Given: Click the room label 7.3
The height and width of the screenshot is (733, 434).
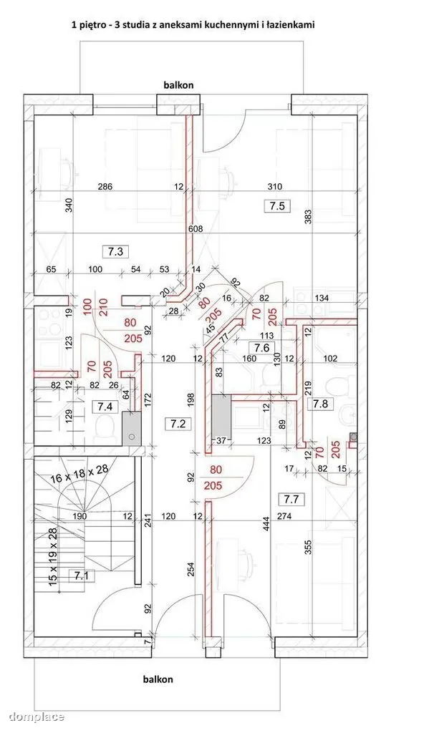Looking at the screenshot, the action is coord(115,251).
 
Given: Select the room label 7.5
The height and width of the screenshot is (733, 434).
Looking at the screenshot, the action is coord(277,205).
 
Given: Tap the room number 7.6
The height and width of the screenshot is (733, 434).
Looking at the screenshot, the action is coord(262,347).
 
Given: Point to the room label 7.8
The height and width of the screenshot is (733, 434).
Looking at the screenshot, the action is coord(320,404).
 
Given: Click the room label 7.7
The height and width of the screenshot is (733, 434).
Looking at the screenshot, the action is coord(291,499).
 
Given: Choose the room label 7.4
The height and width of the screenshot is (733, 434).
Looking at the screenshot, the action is coord(105,407).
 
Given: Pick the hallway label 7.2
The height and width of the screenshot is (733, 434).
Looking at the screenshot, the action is coord(178,424).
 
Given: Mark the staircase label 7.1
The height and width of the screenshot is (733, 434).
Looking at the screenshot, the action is coord(82,576).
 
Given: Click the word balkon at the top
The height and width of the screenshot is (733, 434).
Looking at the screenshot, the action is coord(178,85).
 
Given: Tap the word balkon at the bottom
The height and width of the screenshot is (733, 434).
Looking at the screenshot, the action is coord(158,679).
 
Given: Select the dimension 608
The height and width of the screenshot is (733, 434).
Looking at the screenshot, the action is coord(196,228).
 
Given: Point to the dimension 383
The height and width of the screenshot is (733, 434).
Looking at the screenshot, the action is coord(307,216).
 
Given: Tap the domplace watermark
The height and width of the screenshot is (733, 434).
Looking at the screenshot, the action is coord(37,716).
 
